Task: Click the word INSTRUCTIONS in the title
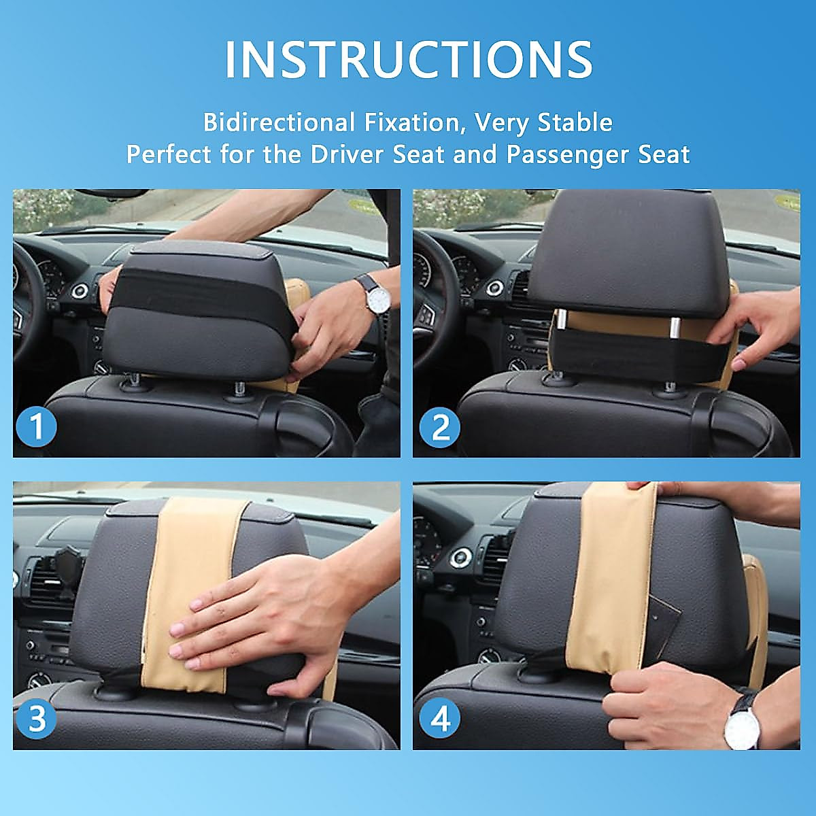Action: click(x=408, y=60)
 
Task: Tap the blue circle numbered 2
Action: click(x=440, y=427)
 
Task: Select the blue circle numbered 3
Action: click(x=37, y=718)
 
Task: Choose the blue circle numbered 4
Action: click(x=440, y=718)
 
